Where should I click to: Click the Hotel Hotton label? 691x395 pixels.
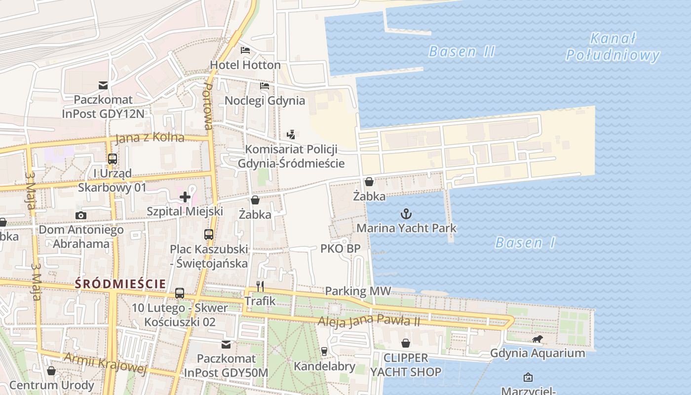pyautogui.click(x=245, y=65)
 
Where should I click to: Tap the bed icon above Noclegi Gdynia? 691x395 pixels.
pyautogui.click(x=265, y=86)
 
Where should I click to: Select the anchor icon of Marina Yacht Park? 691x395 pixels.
pyautogui.click(x=406, y=214)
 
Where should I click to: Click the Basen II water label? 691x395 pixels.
pyautogui.click(x=461, y=51)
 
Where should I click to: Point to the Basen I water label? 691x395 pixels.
pyautogui.click(x=525, y=242)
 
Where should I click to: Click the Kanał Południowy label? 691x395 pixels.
pyautogui.click(x=613, y=47)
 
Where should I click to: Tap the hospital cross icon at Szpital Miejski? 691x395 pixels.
pyautogui.click(x=185, y=197)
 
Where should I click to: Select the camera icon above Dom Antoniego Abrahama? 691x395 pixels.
pyautogui.click(x=80, y=215)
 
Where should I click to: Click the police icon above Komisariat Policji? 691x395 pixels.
pyautogui.click(x=291, y=134)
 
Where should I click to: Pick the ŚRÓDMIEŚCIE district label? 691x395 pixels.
pyautogui.click(x=120, y=284)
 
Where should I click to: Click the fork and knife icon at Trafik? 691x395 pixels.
pyautogui.click(x=260, y=286)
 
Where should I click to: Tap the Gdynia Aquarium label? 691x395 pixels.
pyautogui.click(x=537, y=353)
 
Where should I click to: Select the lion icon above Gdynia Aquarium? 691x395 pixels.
pyautogui.click(x=537, y=339)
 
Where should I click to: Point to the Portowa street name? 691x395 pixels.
pyautogui.click(x=208, y=106)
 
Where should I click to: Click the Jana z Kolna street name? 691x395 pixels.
pyautogui.click(x=150, y=138)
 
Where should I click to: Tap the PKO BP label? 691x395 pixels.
pyautogui.click(x=340, y=248)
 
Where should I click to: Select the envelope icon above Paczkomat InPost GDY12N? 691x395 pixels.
pyautogui.click(x=103, y=86)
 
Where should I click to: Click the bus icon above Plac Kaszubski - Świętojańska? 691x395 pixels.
pyautogui.click(x=209, y=235)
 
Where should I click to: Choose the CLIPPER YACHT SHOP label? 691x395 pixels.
pyautogui.click(x=406, y=364)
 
